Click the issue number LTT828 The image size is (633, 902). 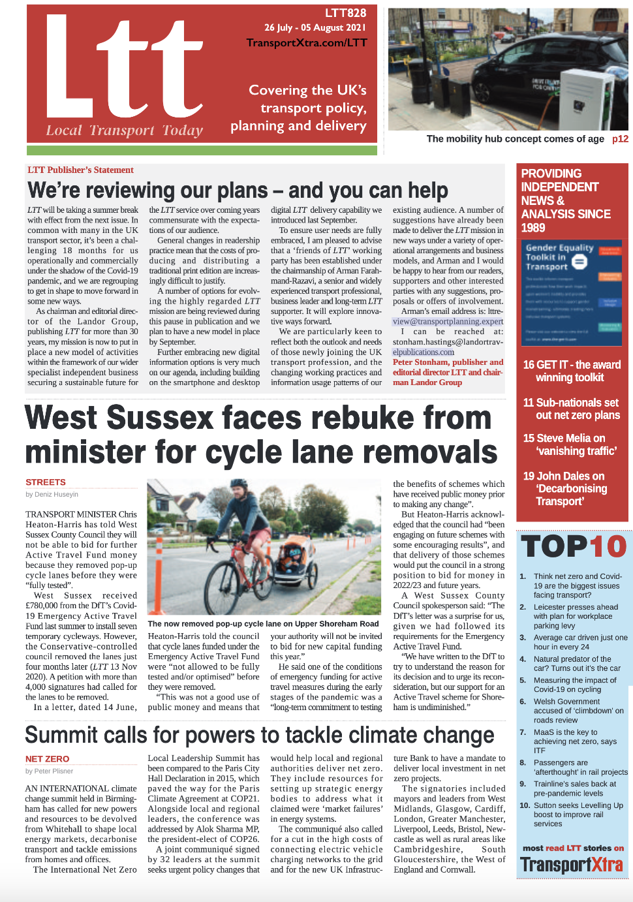[x=345, y=12]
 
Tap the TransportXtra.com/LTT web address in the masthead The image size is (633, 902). [x=307, y=43]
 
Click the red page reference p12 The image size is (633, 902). [x=620, y=139]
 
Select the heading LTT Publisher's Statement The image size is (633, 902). [x=80, y=170]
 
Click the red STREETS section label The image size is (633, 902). [x=46, y=482]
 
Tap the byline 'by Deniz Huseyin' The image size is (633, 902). [x=52, y=495]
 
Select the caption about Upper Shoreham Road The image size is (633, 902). [x=263, y=624]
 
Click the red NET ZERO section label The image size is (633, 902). [x=47, y=759]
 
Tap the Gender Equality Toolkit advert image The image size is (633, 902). [x=573, y=292]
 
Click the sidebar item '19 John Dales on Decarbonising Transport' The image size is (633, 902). [x=564, y=488]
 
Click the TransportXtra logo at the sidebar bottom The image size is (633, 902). [x=572, y=865]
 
